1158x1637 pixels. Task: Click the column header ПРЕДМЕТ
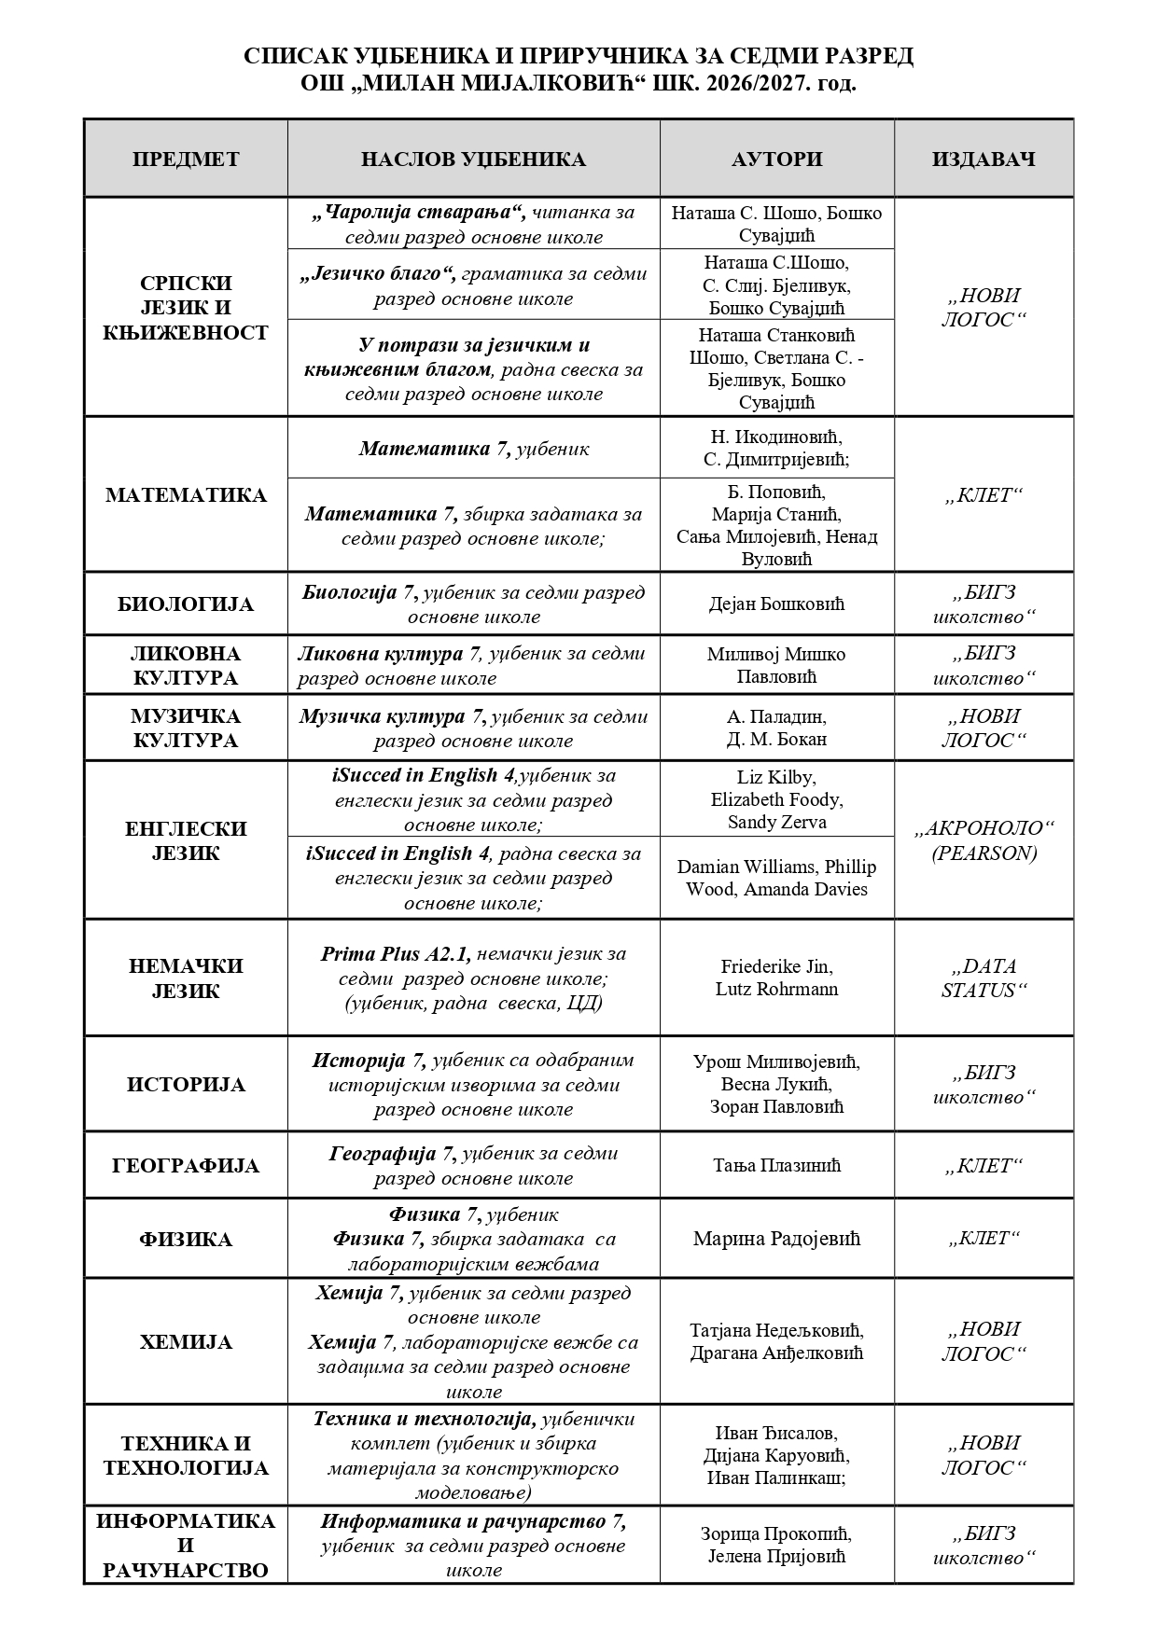tap(186, 159)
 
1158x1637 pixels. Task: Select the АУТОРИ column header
tap(776, 159)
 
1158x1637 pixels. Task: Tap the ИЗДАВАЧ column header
tap(984, 159)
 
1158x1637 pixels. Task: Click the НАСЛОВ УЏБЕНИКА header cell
tap(473, 159)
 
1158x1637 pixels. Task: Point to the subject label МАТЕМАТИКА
tap(186, 494)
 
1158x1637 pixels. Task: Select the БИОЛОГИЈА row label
tap(186, 604)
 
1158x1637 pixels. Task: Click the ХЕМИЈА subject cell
tap(186, 1342)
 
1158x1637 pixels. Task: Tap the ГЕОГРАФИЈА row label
tap(186, 1166)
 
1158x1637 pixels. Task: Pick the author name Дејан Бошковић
tap(776, 604)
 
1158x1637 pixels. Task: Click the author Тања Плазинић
tap(776, 1165)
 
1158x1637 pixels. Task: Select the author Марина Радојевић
tap(776, 1239)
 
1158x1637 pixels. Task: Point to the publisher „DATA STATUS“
tap(984, 978)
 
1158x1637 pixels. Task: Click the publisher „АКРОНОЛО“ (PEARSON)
tap(984, 840)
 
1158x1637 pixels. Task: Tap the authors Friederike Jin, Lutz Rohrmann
tap(776, 978)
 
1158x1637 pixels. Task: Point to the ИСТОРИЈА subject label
tap(186, 1085)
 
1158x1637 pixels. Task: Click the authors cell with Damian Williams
tap(776, 878)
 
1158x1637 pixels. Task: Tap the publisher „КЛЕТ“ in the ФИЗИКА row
tap(984, 1239)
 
